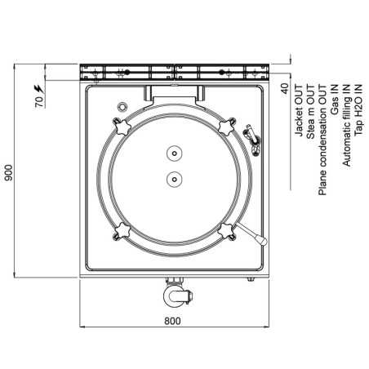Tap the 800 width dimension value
tap(172, 321)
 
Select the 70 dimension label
tap(38, 104)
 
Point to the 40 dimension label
tap(284, 88)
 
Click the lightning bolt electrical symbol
tap(38, 87)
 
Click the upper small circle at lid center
tap(174, 153)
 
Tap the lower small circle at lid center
tap(174, 177)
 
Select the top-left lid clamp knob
tap(122, 127)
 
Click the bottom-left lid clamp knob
tap(122, 229)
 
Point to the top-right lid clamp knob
tap(225, 126)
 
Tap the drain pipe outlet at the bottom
tap(174, 291)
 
